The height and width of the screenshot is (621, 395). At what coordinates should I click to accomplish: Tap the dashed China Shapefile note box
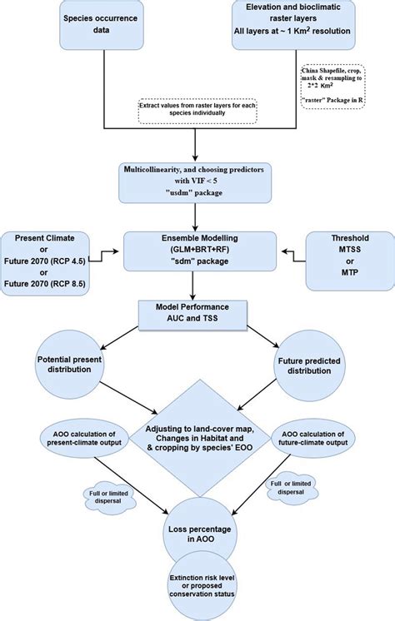click(345, 97)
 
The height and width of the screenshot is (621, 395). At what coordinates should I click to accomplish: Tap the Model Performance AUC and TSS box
click(193, 315)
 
